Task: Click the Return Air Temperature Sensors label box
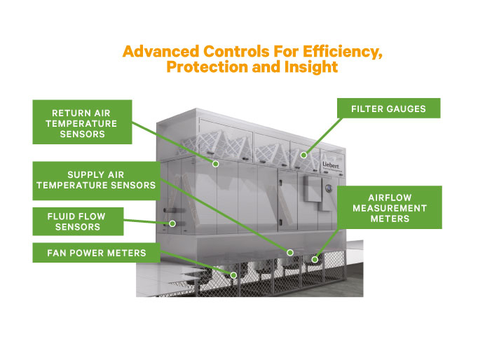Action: coord(83,122)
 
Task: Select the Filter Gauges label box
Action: coord(388,109)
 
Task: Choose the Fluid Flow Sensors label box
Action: coord(78,220)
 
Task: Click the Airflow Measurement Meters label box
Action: coord(390,208)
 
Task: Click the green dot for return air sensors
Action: coord(215,164)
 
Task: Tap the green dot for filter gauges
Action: coord(303,155)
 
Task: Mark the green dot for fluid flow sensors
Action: coord(170,224)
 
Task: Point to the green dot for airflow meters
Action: coord(315,260)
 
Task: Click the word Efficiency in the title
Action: coord(340,53)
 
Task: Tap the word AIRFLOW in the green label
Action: coord(389,198)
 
